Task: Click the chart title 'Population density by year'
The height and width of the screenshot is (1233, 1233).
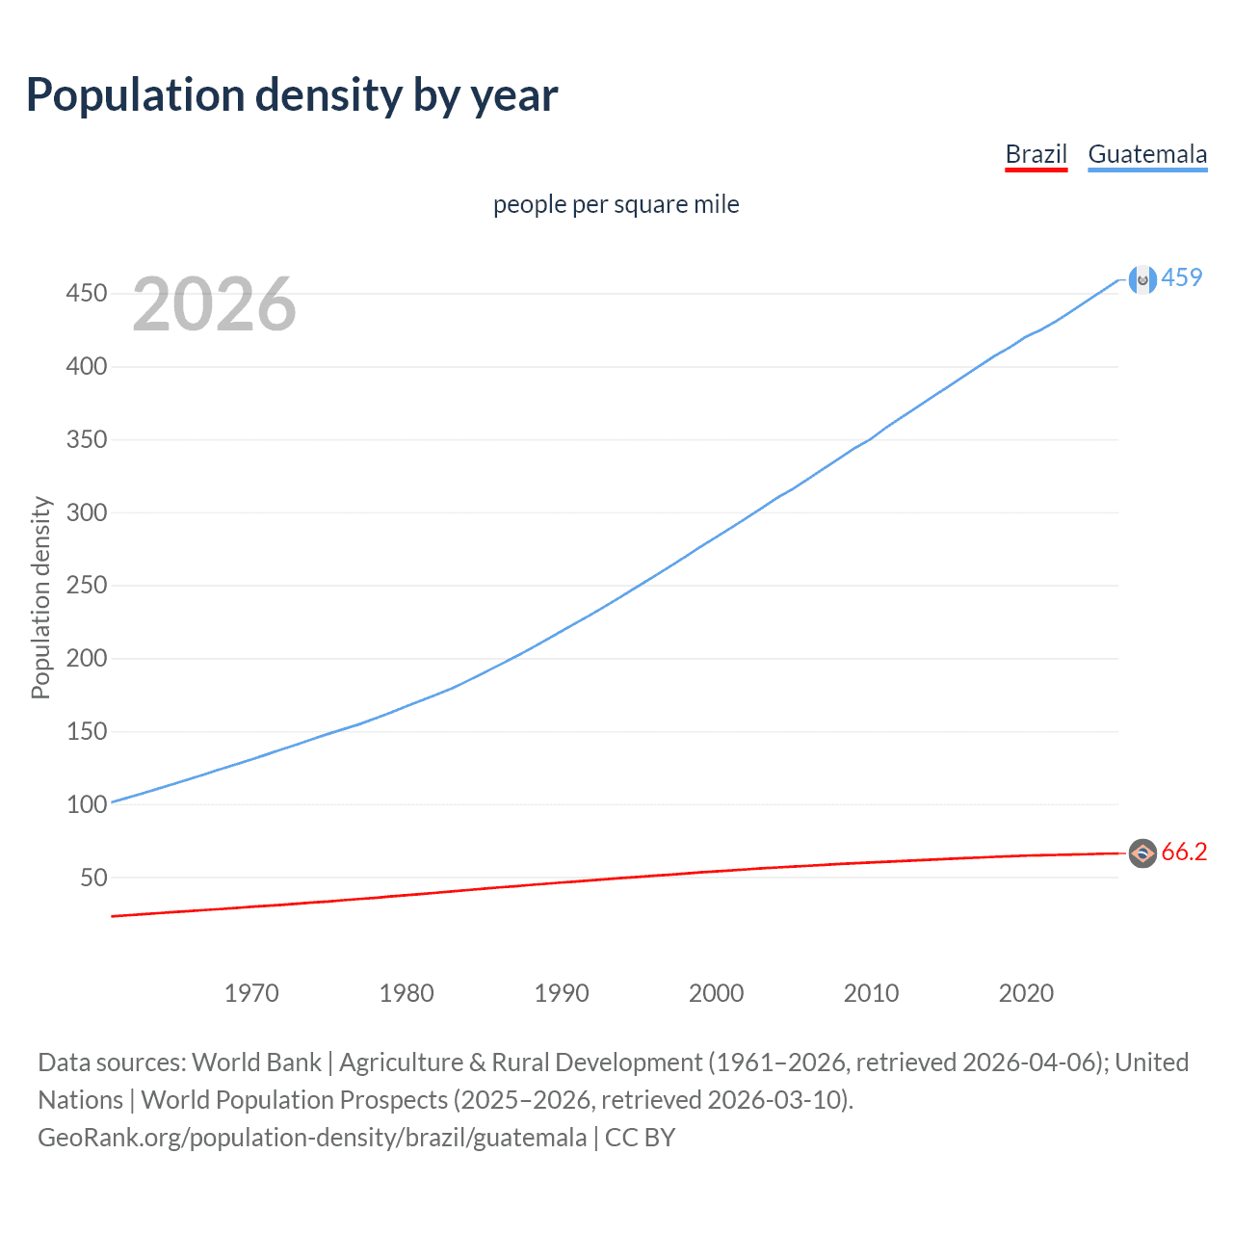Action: (x=292, y=95)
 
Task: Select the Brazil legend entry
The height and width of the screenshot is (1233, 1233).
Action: (x=1036, y=154)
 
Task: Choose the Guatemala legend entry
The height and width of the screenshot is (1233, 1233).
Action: (x=1146, y=154)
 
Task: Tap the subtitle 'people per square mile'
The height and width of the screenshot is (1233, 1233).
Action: (x=616, y=204)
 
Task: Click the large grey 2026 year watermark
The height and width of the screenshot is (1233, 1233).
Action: (x=214, y=304)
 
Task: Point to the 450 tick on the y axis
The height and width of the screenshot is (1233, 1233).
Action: (x=86, y=293)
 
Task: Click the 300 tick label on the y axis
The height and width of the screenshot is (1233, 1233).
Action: (x=86, y=512)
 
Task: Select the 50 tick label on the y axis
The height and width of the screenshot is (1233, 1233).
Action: (x=92, y=878)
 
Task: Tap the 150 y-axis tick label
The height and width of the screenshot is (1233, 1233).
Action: (x=86, y=731)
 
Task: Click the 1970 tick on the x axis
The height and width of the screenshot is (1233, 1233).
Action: (x=251, y=993)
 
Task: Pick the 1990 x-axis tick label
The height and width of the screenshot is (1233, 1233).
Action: (x=562, y=993)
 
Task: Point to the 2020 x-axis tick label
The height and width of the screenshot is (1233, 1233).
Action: (x=1026, y=993)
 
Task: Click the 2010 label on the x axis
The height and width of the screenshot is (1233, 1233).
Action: (x=871, y=993)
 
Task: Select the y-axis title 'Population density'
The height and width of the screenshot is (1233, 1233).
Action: (x=40, y=597)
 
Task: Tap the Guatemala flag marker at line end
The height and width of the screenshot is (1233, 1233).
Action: (x=1142, y=279)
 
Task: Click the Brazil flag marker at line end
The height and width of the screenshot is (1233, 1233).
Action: (x=1142, y=853)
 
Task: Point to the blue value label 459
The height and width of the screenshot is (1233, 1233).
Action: (x=1182, y=277)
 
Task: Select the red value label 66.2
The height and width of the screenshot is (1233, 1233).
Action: (x=1184, y=852)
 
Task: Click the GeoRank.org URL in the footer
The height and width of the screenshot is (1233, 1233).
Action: (x=312, y=1138)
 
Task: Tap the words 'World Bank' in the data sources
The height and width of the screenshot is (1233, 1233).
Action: (x=256, y=1062)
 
